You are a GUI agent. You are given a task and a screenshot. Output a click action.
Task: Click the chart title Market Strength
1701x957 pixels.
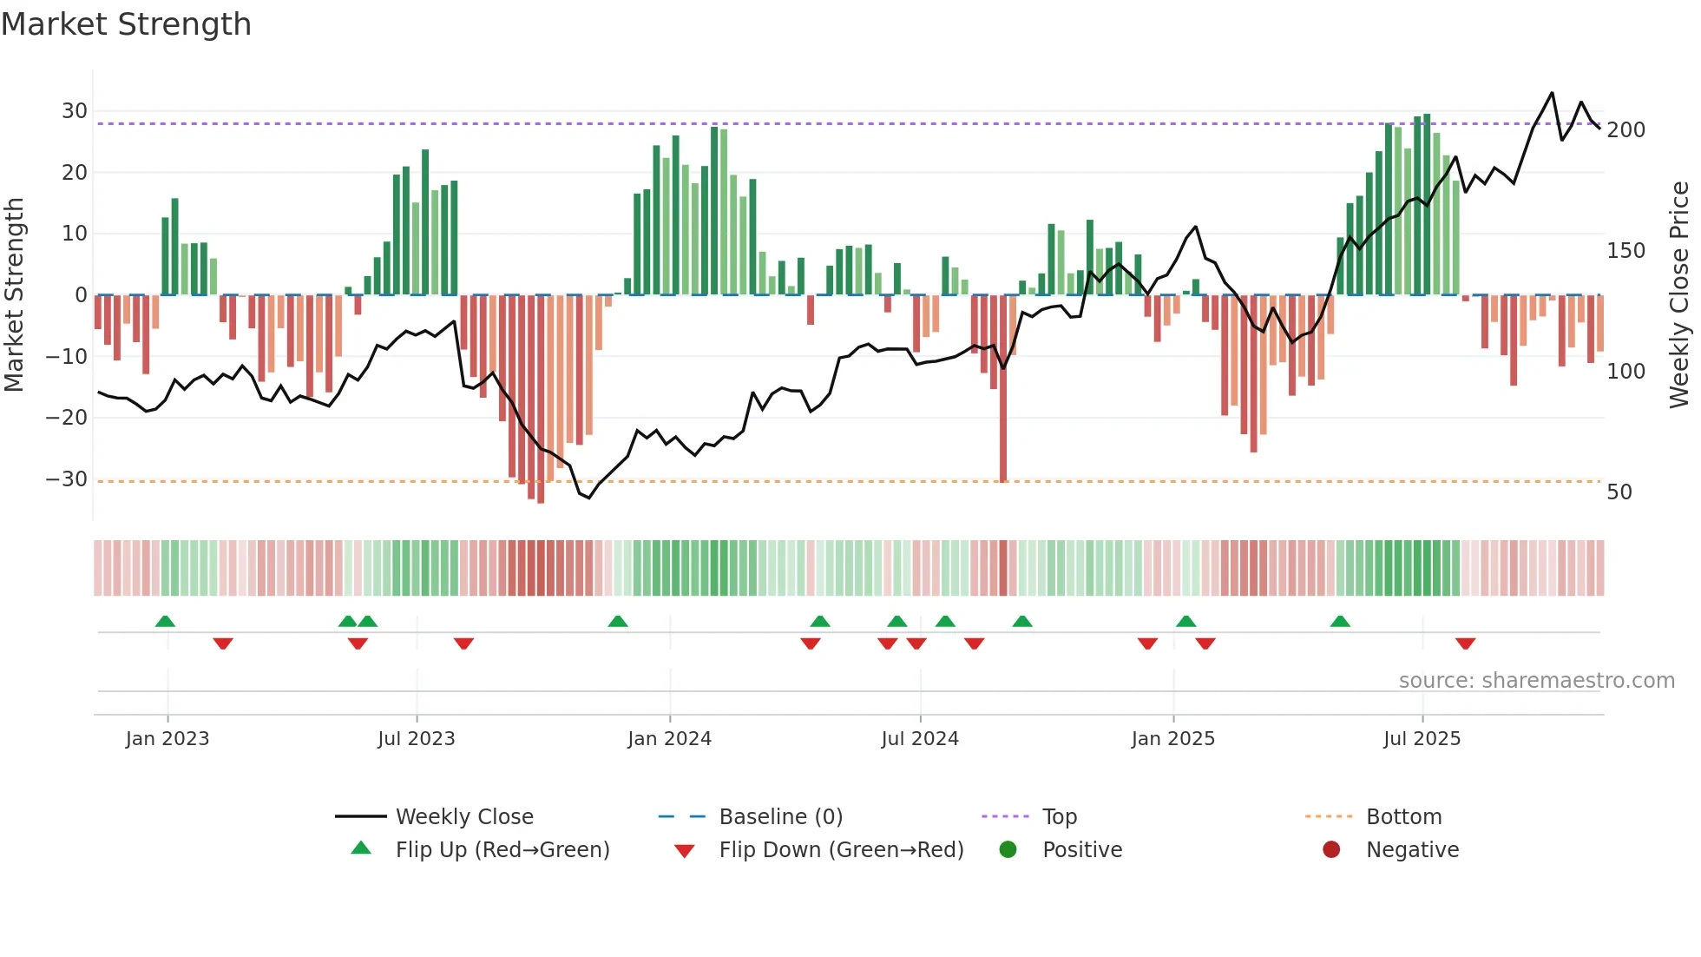(126, 24)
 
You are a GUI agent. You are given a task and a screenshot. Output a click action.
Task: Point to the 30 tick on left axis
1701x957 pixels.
(75, 111)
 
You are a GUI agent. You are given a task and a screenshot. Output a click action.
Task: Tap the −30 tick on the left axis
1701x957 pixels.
(67, 479)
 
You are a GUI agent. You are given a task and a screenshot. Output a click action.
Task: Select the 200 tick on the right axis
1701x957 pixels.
(1625, 130)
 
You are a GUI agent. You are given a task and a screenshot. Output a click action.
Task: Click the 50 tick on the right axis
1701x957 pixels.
(1619, 492)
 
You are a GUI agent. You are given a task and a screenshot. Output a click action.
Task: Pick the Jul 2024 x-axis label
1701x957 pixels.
(920, 739)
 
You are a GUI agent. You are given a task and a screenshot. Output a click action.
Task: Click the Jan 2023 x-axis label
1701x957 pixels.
(167, 739)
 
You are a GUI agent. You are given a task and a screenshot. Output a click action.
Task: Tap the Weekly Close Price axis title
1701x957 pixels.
(1679, 295)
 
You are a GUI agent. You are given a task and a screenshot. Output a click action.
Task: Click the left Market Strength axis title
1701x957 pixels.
(14, 295)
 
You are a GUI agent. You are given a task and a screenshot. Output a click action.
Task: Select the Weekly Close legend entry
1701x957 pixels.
(464, 817)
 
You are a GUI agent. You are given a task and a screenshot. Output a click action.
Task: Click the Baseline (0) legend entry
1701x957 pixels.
(780, 817)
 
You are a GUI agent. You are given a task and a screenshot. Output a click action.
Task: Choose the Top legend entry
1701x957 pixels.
(1059, 817)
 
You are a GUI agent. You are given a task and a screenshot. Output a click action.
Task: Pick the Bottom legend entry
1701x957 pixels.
(1403, 817)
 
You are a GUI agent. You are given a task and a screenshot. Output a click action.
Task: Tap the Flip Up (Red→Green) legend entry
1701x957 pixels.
(502, 850)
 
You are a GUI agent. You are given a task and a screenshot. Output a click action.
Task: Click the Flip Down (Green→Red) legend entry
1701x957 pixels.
(841, 850)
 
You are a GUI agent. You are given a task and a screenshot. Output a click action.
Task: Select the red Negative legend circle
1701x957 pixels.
(1331, 849)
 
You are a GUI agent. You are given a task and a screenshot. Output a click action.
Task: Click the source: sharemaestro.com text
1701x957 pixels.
(1536, 681)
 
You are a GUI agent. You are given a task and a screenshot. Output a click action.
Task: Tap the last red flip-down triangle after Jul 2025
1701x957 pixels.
(1466, 643)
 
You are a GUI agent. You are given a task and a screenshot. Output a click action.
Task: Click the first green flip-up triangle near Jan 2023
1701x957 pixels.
(165, 621)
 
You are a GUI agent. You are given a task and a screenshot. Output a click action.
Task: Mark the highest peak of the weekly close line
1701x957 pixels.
(1552, 93)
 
